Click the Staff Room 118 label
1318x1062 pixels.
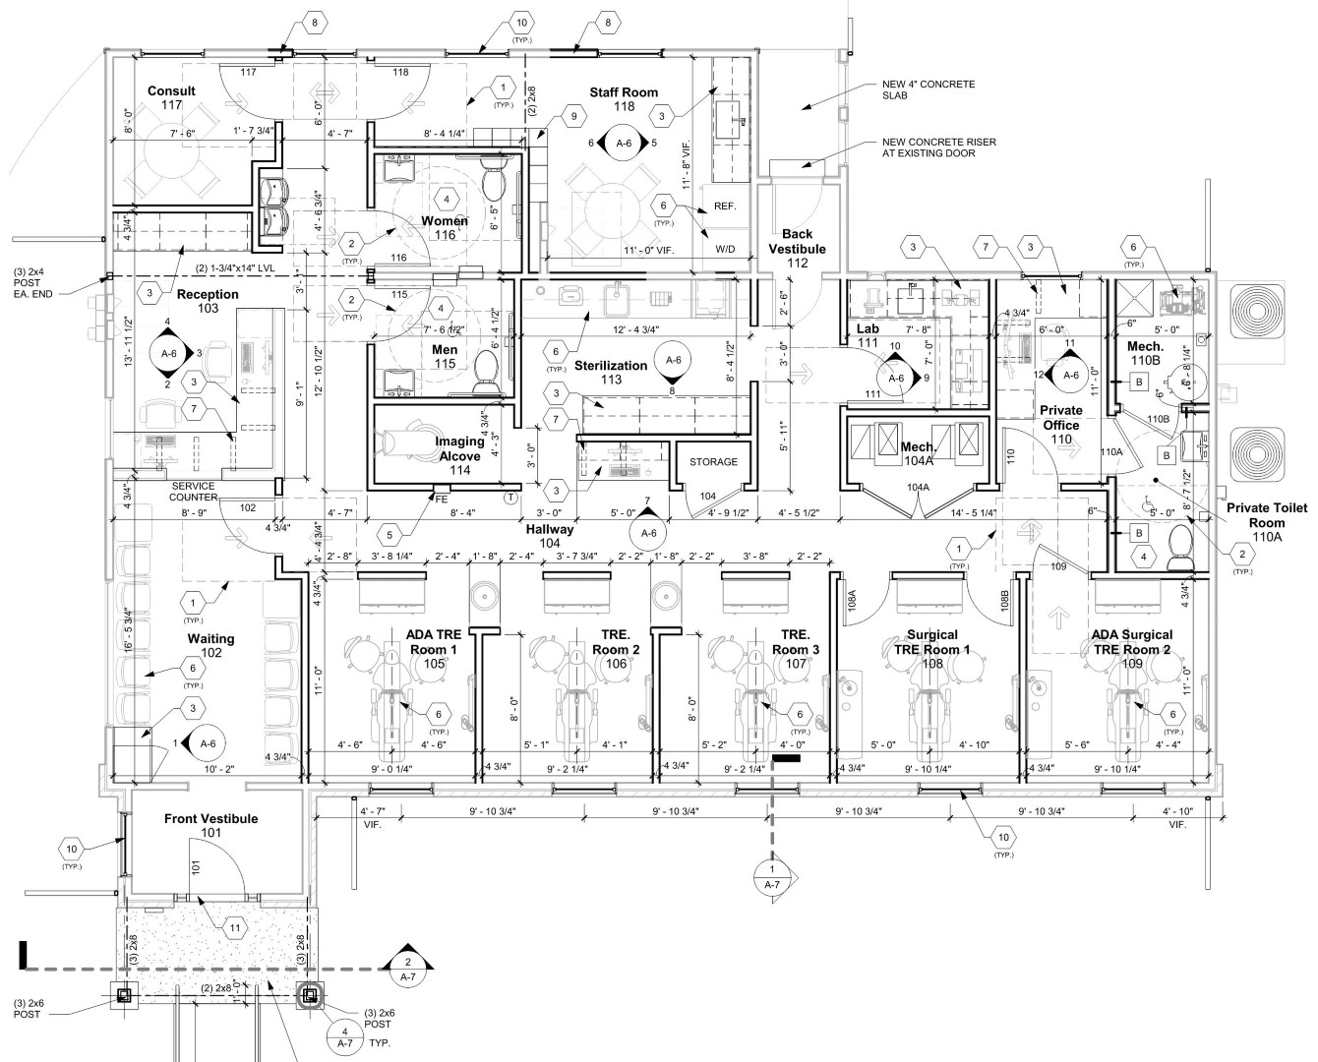pos(624,99)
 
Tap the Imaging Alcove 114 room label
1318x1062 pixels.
pos(459,455)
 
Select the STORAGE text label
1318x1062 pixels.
pos(713,461)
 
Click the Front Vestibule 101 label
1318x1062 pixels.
pos(210,825)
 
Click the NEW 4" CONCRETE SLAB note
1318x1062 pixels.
pos(929,90)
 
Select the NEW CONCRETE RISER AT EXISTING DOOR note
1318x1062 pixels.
pos(938,147)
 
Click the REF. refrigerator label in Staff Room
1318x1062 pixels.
pos(725,206)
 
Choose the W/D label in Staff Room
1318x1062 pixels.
pos(725,249)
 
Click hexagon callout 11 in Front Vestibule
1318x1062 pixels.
pos(235,927)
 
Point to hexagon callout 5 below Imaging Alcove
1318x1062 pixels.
pos(390,535)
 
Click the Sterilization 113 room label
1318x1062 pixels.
pos(611,372)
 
